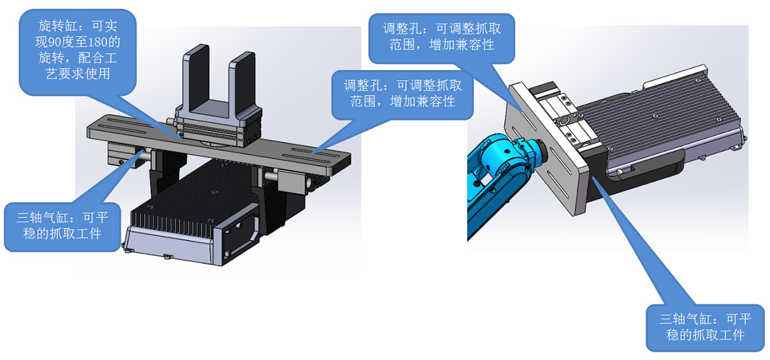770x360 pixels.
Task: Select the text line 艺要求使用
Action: click(78, 74)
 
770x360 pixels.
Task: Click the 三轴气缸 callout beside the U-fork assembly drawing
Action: click(62, 226)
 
